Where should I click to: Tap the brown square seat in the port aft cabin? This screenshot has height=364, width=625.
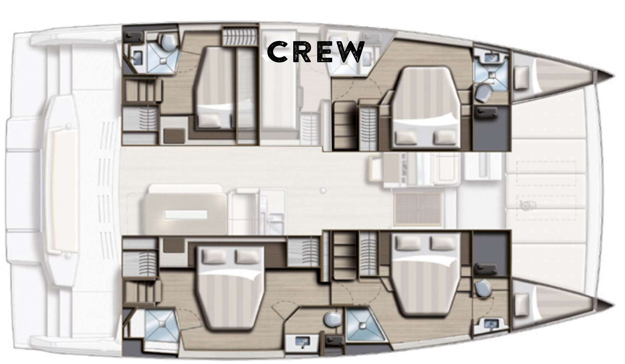tap(175, 135)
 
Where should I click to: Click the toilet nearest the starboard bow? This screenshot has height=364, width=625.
tap(482, 287)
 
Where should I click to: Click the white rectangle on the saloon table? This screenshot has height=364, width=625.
tap(186, 215)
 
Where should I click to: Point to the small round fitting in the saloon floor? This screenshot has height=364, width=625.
tap(324, 190)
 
